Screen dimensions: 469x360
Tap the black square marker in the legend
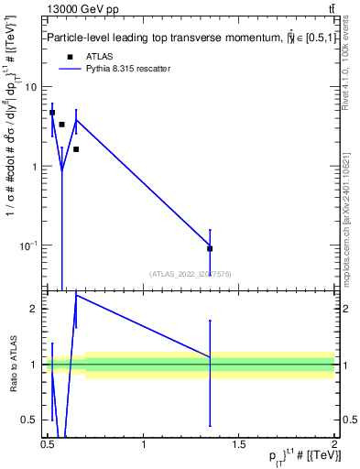click(70, 57)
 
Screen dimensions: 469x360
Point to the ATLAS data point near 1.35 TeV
click(210, 248)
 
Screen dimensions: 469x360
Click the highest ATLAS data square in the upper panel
click(52, 113)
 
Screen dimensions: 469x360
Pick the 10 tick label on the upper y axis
click(31, 87)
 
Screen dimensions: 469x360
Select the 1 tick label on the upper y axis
click(34, 167)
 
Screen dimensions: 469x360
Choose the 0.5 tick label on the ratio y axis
click(29, 420)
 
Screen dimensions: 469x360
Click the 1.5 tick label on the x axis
click(238, 445)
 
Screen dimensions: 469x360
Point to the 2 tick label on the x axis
click(333, 445)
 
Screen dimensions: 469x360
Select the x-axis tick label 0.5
click(49, 445)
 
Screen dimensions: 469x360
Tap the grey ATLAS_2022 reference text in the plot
click(191, 274)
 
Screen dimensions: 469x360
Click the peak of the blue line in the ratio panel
click(76, 295)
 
